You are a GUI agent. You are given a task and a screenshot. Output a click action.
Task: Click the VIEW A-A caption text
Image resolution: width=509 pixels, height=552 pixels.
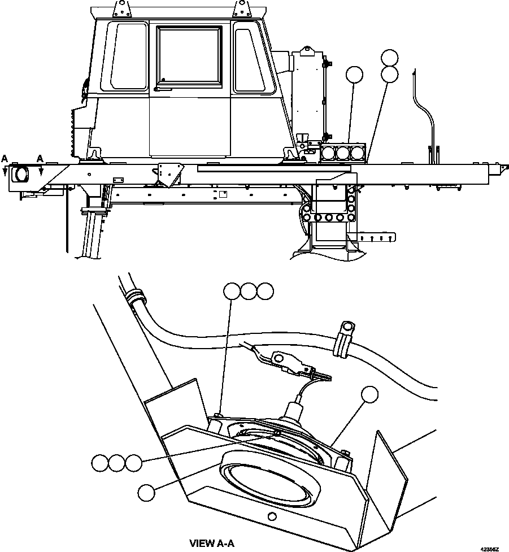[211, 543]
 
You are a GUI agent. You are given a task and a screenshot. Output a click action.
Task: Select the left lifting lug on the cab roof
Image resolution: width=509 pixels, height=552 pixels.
[120, 8]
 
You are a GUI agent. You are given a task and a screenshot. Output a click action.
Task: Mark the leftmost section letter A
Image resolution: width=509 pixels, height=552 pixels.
[5, 159]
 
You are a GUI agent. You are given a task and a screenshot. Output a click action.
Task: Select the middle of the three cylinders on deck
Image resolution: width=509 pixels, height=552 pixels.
[343, 153]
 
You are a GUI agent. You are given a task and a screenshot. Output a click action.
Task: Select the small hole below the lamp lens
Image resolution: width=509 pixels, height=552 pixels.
[272, 516]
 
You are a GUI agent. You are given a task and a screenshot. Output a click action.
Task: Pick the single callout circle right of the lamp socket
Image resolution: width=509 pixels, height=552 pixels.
[369, 395]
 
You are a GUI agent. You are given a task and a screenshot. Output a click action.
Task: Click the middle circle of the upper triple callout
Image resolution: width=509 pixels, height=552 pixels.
[248, 291]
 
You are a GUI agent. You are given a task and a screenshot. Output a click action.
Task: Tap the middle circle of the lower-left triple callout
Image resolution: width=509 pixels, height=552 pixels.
[116, 463]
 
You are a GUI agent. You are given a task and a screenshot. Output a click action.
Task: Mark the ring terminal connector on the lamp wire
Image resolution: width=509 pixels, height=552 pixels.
[280, 358]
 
